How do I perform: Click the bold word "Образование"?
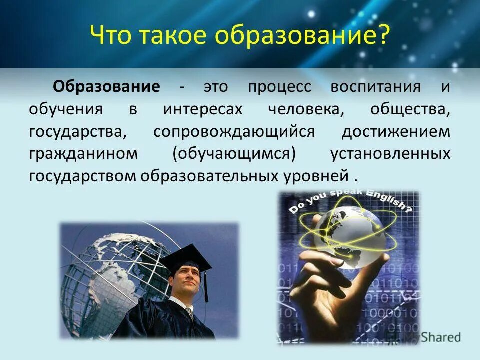[x=107, y=86]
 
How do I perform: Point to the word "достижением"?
[x=396, y=132]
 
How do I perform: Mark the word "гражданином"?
[x=83, y=154]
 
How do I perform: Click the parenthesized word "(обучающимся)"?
[x=234, y=154]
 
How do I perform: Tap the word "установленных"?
[x=390, y=154]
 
